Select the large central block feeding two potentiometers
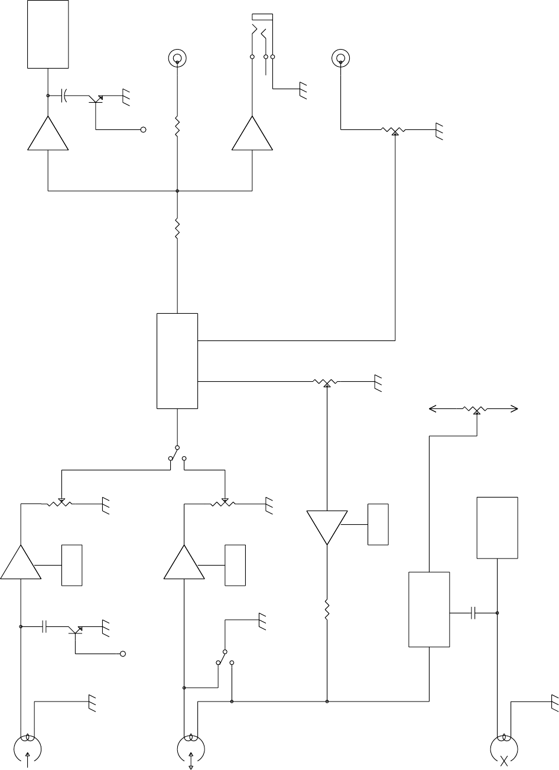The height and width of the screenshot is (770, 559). (x=177, y=360)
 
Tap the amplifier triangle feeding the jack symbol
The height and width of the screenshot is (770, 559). (x=252, y=134)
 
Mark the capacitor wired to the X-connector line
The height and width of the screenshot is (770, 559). (x=473, y=613)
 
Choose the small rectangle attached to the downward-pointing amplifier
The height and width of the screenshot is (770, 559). (x=378, y=524)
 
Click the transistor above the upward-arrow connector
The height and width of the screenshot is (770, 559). (x=76, y=630)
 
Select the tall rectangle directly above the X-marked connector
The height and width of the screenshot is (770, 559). (x=498, y=527)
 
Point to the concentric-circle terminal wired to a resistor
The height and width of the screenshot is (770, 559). (x=177, y=58)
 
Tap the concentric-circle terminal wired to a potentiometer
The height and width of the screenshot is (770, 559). (x=340, y=58)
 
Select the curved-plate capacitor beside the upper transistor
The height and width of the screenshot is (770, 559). (x=64, y=95)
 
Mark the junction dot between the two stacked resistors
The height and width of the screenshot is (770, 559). (x=177, y=191)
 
